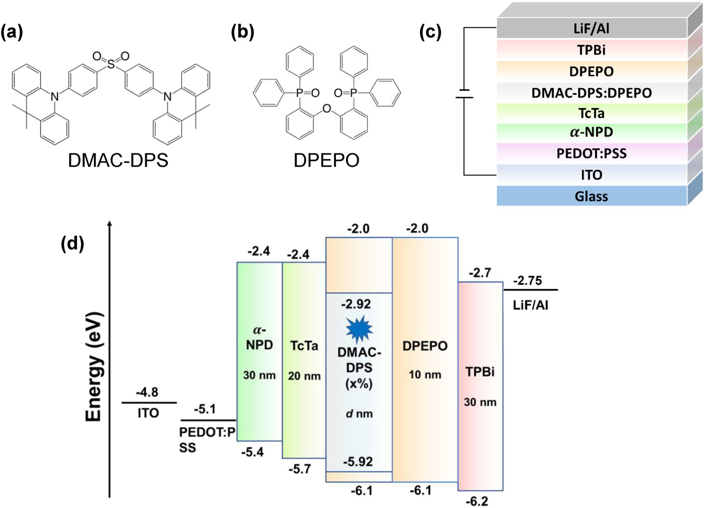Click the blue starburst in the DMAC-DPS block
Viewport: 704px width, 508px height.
[359, 330]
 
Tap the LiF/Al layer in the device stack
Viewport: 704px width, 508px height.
[591, 29]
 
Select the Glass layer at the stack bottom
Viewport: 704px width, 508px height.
[591, 196]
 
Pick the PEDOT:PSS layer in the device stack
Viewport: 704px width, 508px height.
[591, 153]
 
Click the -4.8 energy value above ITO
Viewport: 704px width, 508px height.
[147, 392]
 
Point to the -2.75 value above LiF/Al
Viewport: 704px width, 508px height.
[527, 281]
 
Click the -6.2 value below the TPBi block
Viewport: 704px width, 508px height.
[477, 501]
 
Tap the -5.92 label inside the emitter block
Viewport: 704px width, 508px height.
[358, 462]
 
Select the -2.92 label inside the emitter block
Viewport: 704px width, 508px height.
[356, 304]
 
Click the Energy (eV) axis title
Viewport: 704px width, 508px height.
[94, 367]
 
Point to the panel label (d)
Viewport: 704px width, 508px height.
[72, 243]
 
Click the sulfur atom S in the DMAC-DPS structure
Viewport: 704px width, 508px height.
[111, 64]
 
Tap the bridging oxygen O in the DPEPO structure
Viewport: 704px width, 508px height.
[327, 108]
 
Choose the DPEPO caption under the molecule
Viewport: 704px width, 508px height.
[326, 160]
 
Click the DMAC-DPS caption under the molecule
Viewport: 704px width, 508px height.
[118, 160]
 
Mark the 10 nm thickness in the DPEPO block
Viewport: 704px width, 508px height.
[425, 375]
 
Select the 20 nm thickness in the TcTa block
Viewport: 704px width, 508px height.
[304, 376]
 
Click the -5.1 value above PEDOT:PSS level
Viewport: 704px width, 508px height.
[205, 409]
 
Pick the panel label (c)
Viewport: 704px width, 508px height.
[430, 32]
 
